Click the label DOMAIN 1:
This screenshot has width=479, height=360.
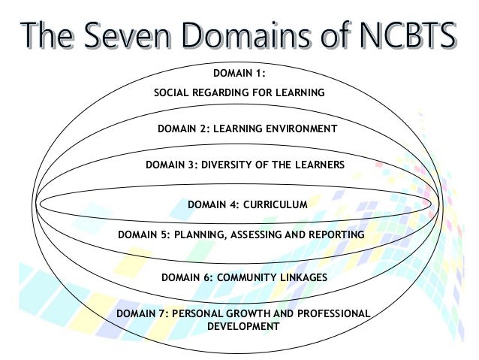click(x=239, y=74)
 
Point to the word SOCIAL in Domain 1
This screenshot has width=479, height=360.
click(x=172, y=93)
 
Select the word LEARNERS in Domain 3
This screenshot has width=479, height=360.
click(x=318, y=165)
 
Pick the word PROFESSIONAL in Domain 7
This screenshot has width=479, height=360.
click(x=331, y=313)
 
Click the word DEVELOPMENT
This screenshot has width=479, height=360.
click(x=242, y=327)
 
